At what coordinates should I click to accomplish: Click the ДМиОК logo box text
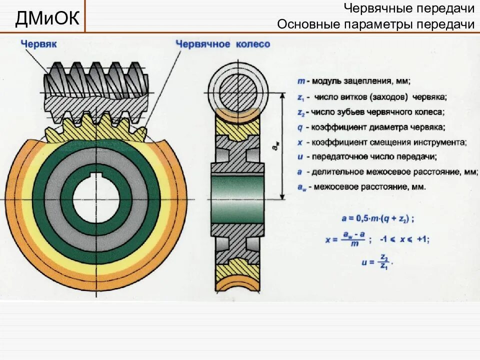point(47,18)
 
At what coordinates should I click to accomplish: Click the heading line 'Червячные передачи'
point(409,8)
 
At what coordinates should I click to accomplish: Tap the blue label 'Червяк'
point(38,44)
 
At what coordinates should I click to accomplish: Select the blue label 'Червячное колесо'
point(222,44)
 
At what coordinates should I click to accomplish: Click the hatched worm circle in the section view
point(234,87)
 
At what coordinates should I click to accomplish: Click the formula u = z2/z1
point(376,261)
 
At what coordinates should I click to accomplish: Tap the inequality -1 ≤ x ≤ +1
point(404,239)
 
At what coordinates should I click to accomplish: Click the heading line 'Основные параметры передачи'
point(375,24)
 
